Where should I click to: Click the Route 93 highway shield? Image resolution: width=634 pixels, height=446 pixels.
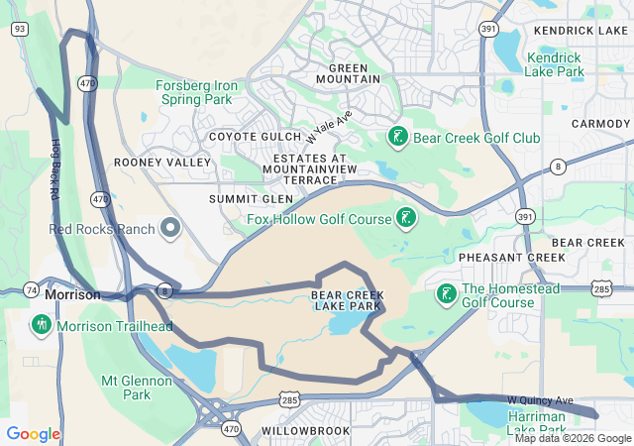tap(18, 29)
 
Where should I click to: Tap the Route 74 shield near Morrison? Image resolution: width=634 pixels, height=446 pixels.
tap(32, 289)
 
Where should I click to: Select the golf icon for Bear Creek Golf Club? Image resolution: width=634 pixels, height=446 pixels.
tap(397, 137)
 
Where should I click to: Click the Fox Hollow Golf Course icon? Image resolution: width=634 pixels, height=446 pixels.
tap(404, 216)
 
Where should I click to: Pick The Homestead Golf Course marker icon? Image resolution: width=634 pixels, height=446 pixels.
tap(446, 293)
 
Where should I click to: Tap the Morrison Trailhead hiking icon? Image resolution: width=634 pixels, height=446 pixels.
tap(41, 324)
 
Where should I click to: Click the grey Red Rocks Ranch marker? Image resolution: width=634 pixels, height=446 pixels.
tap(170, 229)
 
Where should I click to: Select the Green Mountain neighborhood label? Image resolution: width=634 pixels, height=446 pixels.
tap(341, 72)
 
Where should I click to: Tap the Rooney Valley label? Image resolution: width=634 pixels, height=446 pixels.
tap(162, 162)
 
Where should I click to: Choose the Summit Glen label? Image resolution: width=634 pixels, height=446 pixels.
tap(238, 199)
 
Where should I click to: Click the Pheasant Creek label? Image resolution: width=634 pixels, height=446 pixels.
tap(511, 257)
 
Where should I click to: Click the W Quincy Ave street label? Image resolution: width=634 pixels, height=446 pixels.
tap(540, 400)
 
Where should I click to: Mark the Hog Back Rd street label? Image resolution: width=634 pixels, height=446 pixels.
tap(54, 170)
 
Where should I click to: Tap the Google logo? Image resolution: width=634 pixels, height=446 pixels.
tap(33, 433)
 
